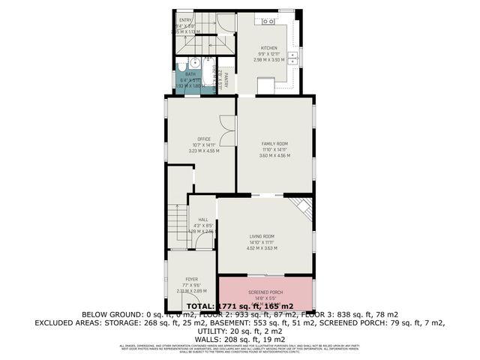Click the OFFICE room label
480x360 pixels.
202,139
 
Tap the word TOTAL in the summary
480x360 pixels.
200,306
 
